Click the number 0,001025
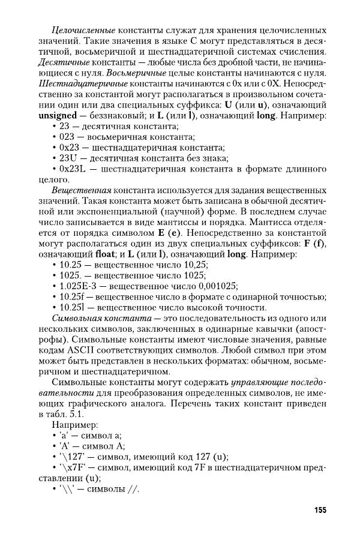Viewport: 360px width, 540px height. point(212,286)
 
